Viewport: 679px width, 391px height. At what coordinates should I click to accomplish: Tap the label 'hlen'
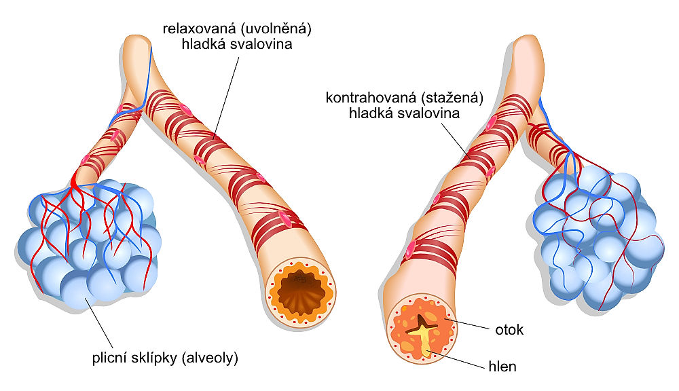[x=503, y=367]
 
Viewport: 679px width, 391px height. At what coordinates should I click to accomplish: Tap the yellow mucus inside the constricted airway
[x=426, y=339]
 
